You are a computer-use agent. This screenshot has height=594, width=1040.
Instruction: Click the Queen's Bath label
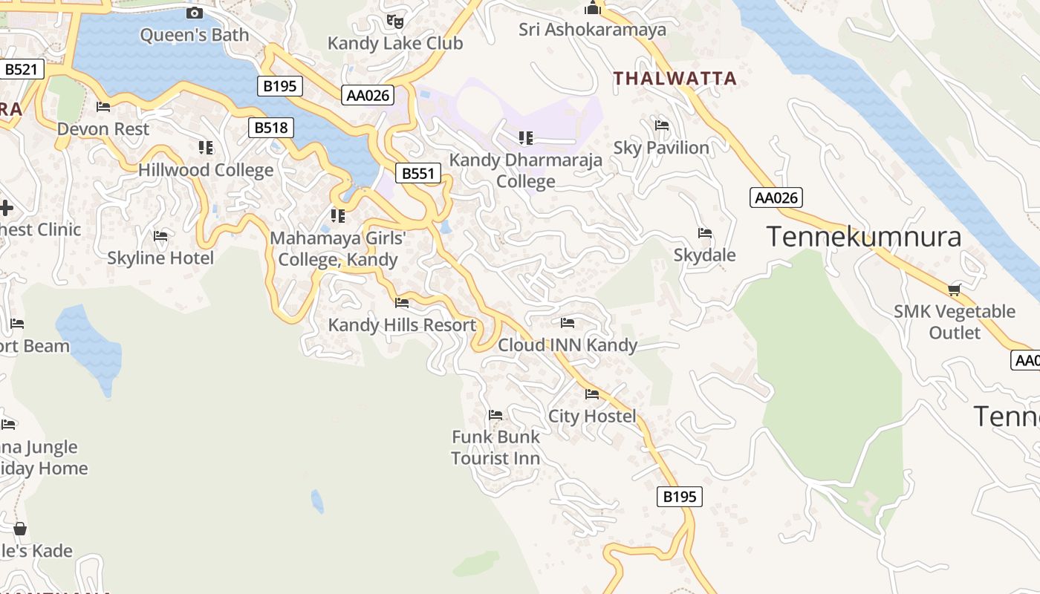point(194,35)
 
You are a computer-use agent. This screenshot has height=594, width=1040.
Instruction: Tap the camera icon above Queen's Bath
point(195,13)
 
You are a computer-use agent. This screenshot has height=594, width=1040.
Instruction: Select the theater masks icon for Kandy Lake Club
point(395,22)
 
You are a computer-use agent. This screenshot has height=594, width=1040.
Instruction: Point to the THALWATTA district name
point(675,79)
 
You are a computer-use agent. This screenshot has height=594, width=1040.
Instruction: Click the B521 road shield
point(22,70)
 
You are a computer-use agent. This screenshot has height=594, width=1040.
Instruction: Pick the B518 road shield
point(270,128)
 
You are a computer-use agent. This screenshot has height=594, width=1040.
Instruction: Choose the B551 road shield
point(417,174)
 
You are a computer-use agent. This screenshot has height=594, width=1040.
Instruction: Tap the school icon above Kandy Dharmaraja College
point(526,137)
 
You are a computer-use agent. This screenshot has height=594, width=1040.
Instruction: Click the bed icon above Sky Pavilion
point(662,125)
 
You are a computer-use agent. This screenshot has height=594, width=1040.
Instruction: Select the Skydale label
point(704,255)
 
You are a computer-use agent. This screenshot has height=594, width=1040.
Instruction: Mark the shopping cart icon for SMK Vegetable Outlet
point(955,289)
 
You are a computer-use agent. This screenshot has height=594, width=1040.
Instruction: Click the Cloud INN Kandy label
point(568,345)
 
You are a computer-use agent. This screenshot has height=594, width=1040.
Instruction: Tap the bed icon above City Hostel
point(592,394)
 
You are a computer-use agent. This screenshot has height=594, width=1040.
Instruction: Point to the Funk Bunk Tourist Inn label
point(495,448)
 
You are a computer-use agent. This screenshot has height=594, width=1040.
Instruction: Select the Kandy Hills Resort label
point(402,325)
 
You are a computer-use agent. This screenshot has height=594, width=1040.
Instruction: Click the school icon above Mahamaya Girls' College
point(338,216)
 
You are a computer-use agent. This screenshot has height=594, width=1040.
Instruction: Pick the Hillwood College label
point(206,170)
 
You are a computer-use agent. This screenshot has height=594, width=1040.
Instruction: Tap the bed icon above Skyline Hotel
point(160,236)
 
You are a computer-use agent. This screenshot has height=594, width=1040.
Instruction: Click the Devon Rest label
point(103,129)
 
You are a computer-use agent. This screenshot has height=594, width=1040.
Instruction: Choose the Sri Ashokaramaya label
point(592,30)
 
